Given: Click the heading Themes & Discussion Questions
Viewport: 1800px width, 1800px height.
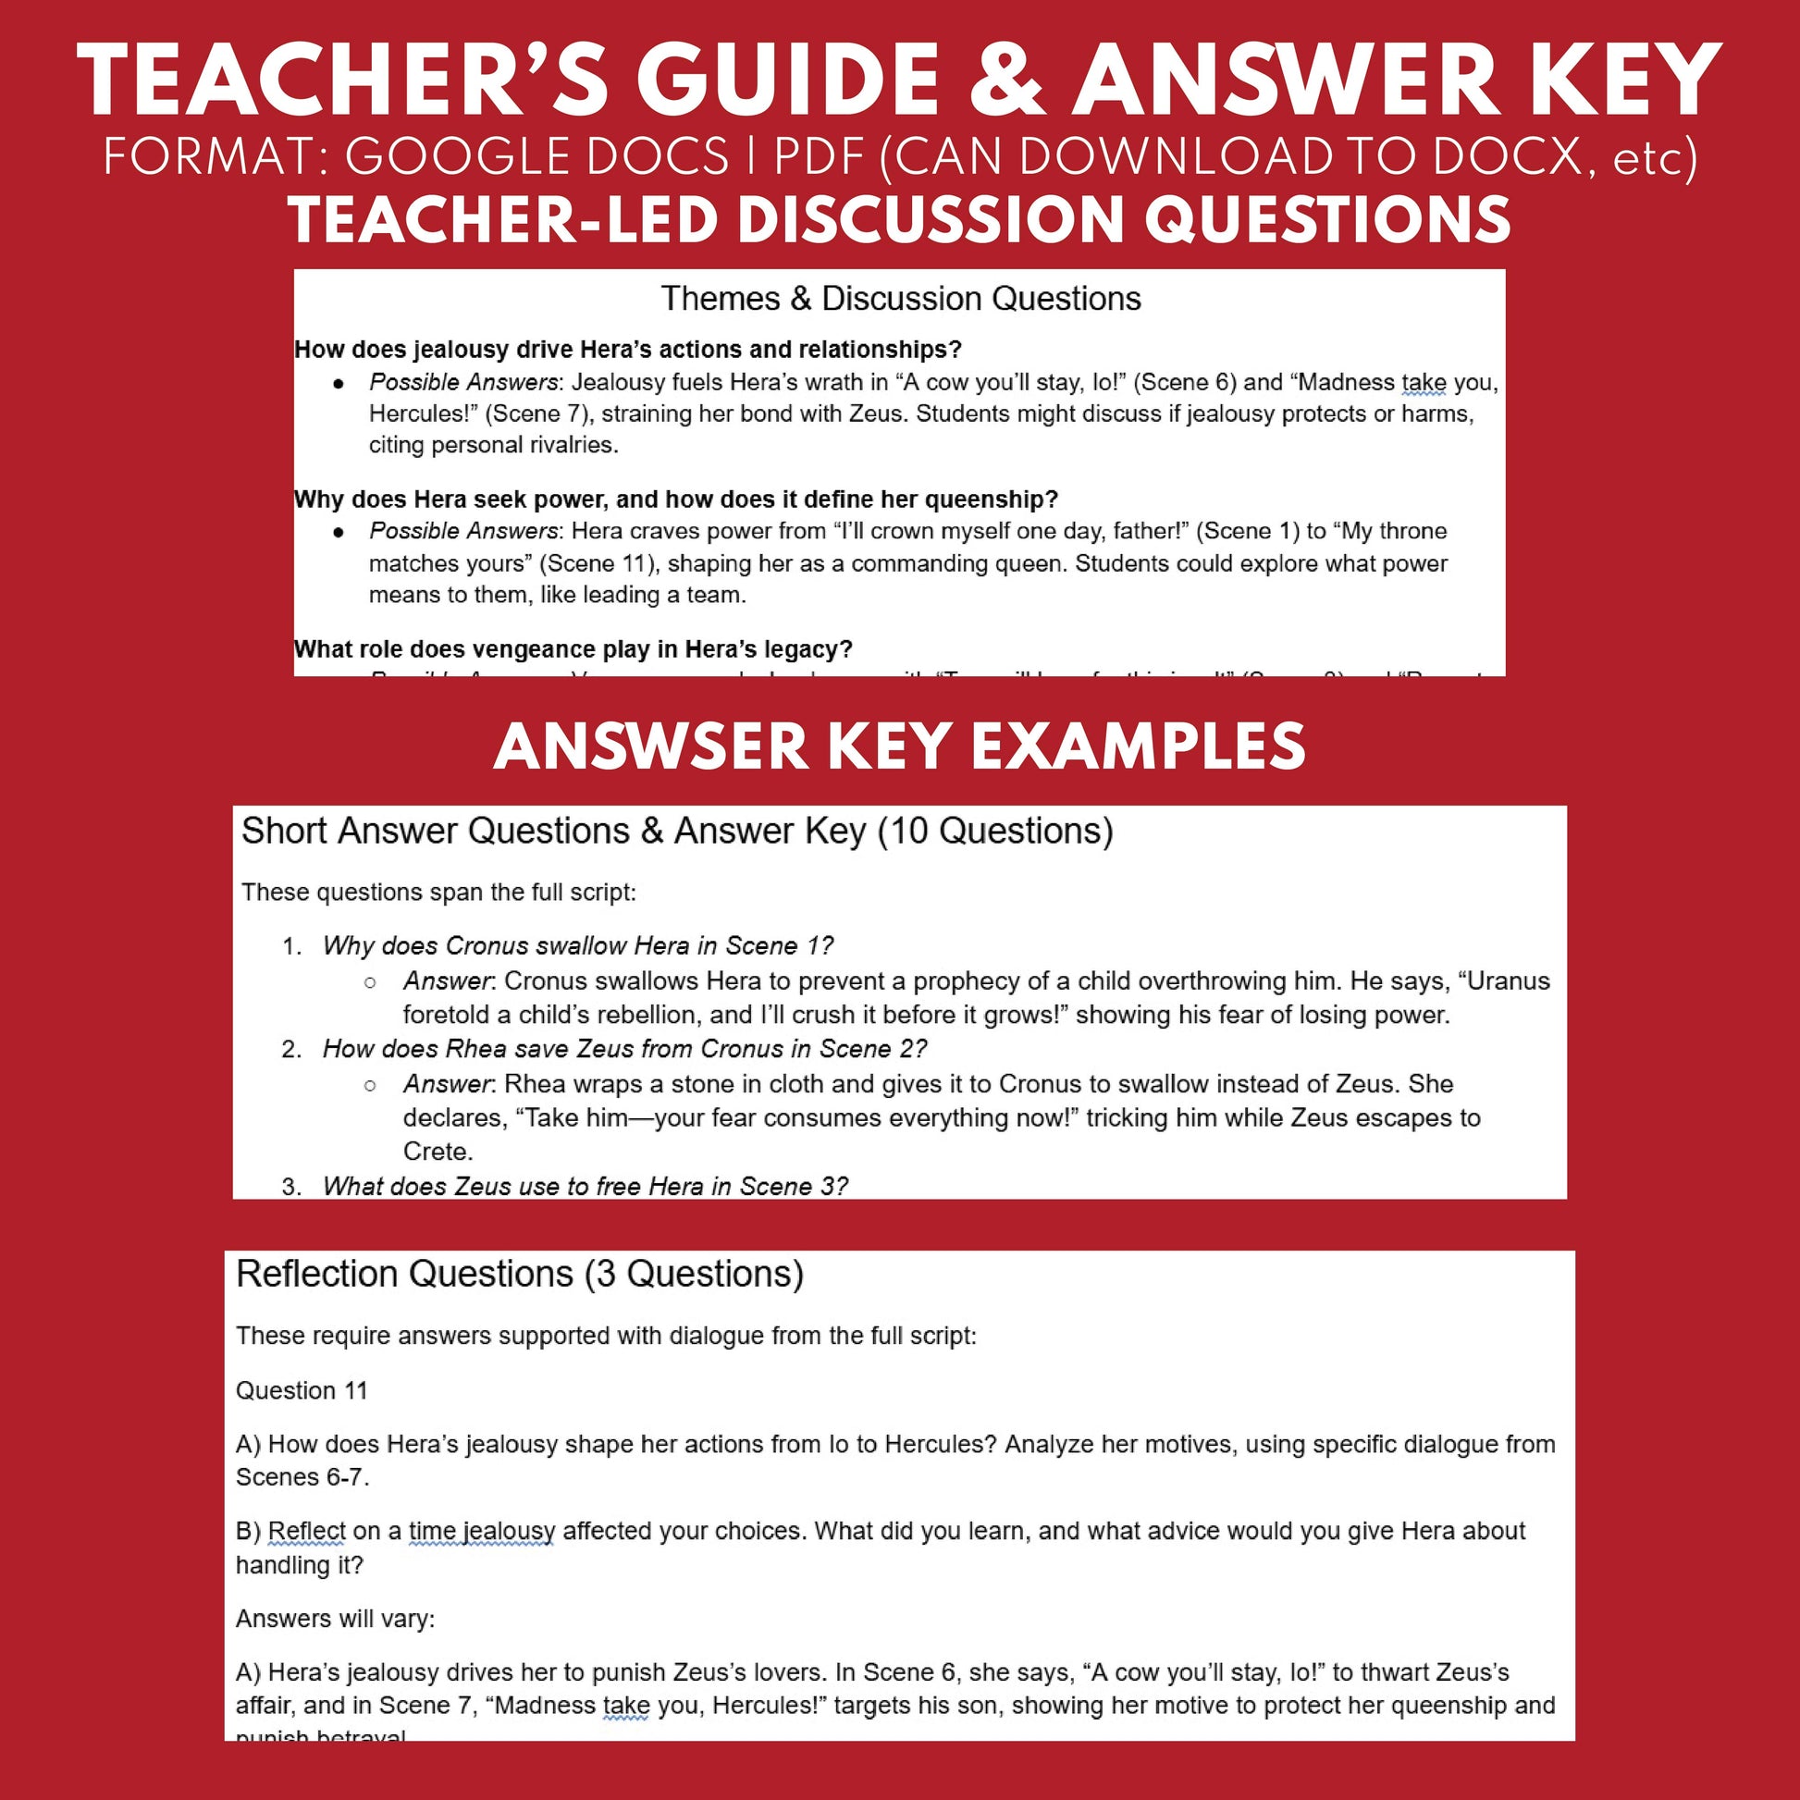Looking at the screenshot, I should click(x=900, y=299).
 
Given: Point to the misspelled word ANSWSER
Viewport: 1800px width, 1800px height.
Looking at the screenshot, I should click(x=651, y=747).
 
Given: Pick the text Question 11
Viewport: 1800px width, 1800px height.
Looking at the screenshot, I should click(x=301, y=1391).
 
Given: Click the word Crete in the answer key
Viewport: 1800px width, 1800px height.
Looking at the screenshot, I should click(x=436, y=1152).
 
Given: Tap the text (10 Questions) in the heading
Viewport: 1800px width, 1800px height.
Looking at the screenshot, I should click(x=995, y=831).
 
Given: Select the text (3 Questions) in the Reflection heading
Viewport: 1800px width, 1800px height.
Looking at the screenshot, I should click(x=694, y=1275).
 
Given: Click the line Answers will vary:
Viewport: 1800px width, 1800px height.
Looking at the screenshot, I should click(x=335, y=1620).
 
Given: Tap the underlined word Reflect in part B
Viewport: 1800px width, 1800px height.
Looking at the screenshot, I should click(x=306, y=1532).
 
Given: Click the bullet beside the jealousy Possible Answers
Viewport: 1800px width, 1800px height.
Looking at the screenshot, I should click(x=339, y=384).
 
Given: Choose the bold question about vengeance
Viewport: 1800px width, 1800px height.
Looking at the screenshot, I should click(x=573, y=649).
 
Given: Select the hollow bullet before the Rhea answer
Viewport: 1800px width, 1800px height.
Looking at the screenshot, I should click(x=370, y=1085).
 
